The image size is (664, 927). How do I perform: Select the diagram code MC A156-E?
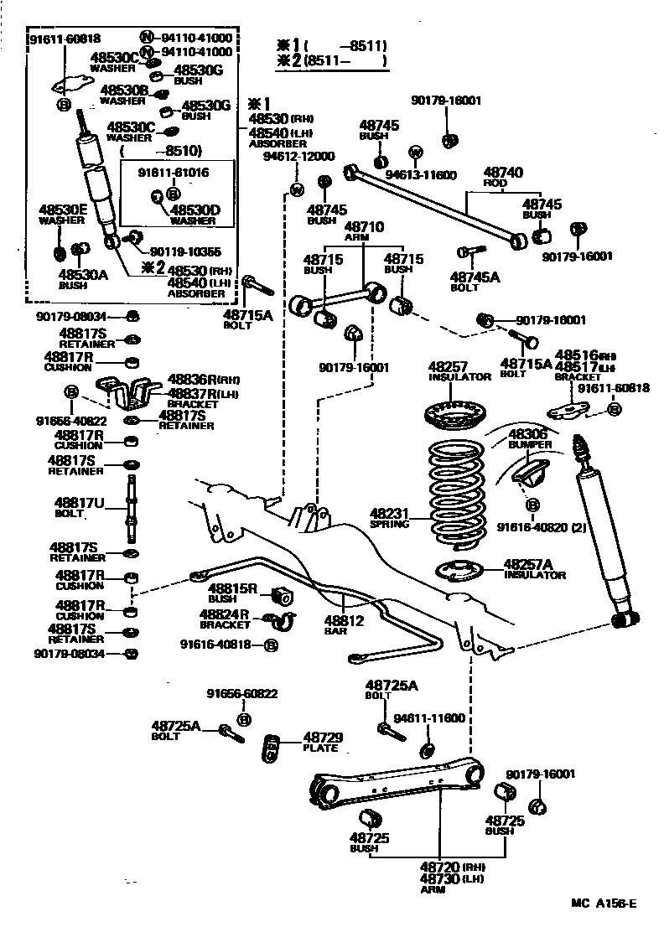click(604, 903)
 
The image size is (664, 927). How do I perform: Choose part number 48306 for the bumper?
click(527, 432)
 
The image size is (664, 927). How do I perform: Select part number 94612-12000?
click(298, 156)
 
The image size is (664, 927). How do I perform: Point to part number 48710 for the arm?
click(365, 226)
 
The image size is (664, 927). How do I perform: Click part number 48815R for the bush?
click(232, 588)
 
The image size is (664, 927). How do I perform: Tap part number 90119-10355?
click(185, 251)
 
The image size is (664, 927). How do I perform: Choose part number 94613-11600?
click(421, 174)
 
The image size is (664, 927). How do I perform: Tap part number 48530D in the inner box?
click(195, 210)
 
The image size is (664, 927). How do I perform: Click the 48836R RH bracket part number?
click(189, 379)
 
